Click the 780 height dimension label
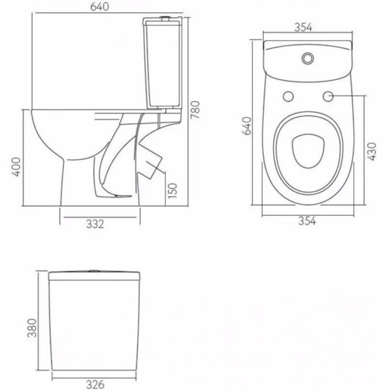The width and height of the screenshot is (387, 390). coord(196,109)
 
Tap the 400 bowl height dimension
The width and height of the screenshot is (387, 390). coord(16,167)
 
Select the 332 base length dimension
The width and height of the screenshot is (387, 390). coord(95,224)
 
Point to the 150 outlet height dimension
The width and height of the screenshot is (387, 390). coord(172,190)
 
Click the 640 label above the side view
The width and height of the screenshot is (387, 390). coord(99,6)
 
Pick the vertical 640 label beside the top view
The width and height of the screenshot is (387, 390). coord(247,125)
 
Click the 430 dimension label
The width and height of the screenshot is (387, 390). coord(372,152)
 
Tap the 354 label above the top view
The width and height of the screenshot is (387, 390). coord(303,27)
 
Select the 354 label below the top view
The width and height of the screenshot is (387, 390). coord(307,220)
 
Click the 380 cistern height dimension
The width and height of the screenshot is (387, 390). coord(32,328)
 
